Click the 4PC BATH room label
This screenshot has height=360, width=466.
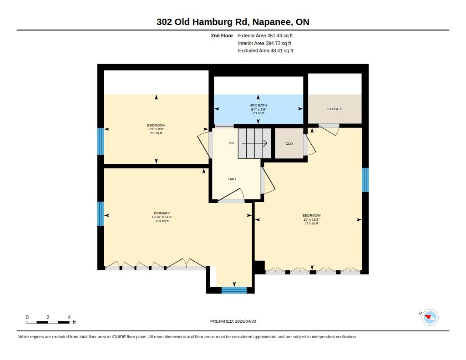pyautogui.click(x=258, y=105)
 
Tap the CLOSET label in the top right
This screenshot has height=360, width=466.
pyautogui.click(x=334, y=109)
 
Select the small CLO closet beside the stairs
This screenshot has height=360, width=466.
pyautogui.click(x=289, y=143)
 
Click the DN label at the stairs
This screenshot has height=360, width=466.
pyautogui.click(x=231, y=143)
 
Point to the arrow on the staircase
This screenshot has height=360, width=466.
pyautogui.click(x=255, y=143)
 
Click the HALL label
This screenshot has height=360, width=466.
pyautogui.click(x=233, y=179)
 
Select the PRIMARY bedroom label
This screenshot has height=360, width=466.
pyautogui.click(x=162, y=213)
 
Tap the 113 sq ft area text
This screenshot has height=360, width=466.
pyautogui.click(x=311, y=223)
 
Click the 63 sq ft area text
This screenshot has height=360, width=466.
pyautogui.click(x=157, y=133)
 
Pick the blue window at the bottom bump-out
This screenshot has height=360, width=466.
pyautogui.click(x=234, y=290)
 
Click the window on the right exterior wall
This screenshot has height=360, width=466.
pyautogui.click(x=365, y=180)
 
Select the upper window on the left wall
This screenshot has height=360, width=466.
pyautogui.click(x=101, y=141)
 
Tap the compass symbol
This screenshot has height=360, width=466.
pyautogui.click(x=430, y=318)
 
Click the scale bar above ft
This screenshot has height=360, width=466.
pyautogui.click(x=48, y=322)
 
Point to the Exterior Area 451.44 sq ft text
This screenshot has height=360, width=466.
pyautogui.click(x=265, y=35)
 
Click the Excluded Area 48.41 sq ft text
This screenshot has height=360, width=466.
pyautogui.click(x=266, y=51)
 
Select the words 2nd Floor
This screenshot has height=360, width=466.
pyautogui.click(x=222, y=35)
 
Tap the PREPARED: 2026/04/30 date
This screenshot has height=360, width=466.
pyautogui.click(x=233, y=321)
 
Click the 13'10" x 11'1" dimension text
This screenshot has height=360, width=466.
pyautogui.click(x=162, y=217)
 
